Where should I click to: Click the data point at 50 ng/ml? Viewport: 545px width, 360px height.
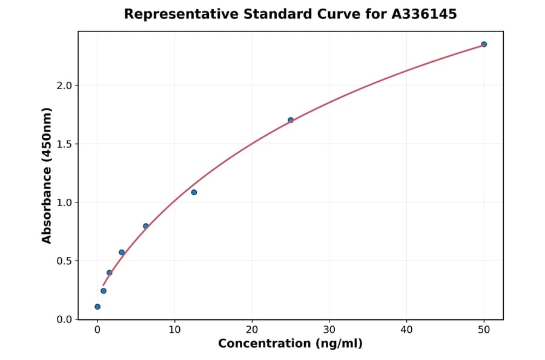tap(484, 44)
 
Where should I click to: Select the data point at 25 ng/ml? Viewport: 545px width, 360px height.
tap(291, 120)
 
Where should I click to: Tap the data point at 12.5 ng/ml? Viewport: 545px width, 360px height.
tap(194, 192)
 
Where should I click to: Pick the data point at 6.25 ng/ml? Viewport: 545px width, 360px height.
tap(146, 226)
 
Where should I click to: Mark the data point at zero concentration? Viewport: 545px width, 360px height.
tap(97, 307)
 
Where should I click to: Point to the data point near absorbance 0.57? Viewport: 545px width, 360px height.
tap(122, 252)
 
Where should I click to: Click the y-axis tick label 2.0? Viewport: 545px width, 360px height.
tap(64, 85)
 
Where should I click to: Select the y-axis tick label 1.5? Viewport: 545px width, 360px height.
tap(64, 144)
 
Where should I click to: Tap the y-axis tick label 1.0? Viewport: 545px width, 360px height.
tap(64, 202)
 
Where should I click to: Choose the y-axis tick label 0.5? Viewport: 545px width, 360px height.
tap(64, 261)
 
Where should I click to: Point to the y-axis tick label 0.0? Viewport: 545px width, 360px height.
tap(64, 319)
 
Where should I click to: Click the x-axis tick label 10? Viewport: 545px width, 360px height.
tap(174, 330)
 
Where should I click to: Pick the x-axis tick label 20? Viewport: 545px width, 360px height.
tap(252, 330)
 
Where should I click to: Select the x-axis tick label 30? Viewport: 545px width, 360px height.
tap(329, 330)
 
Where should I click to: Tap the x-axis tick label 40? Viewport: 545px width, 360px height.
tap(406, 330)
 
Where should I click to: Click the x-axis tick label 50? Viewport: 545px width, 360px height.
tap(484, 330)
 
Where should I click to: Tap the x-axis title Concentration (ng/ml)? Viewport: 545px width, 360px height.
tap(290, 344)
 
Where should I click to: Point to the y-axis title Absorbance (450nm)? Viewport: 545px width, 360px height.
tap(47, 175)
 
